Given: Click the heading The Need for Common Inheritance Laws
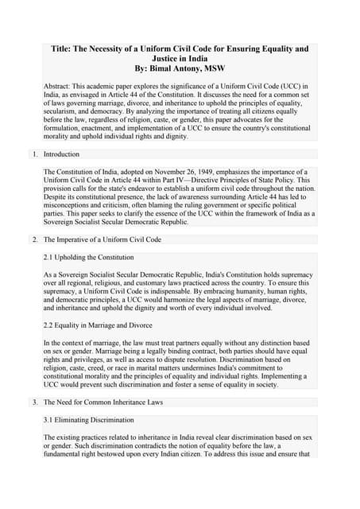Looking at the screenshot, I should coord(103,402).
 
